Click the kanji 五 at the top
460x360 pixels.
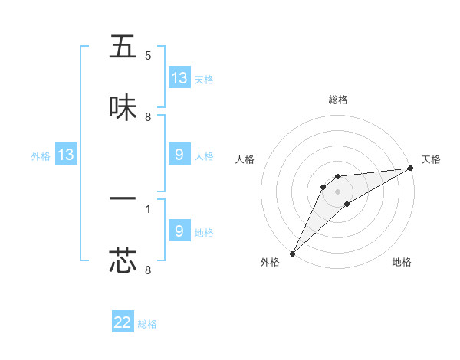(123, 47)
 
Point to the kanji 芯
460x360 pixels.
(123, 260)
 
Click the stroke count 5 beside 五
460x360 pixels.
(148, 56)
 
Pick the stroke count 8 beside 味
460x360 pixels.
(148, 117)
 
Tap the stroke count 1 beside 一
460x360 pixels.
(148, 208)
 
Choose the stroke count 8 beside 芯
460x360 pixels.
(148, 270)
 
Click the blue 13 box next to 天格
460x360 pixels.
(179, 78)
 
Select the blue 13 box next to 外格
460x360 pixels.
(66, 155)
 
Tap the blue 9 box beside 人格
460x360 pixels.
(179, 155)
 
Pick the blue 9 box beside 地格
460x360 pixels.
(179, 231)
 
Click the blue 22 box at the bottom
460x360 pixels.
(123, 322)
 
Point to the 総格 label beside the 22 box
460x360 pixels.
(147, 324)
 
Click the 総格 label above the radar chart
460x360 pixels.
(337, 100)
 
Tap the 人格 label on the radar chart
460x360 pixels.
(245, 159)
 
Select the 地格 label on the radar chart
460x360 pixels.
(402, 263)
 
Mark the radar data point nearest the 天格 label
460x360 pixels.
(410, 169)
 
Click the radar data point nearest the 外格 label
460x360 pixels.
(292, 253)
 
